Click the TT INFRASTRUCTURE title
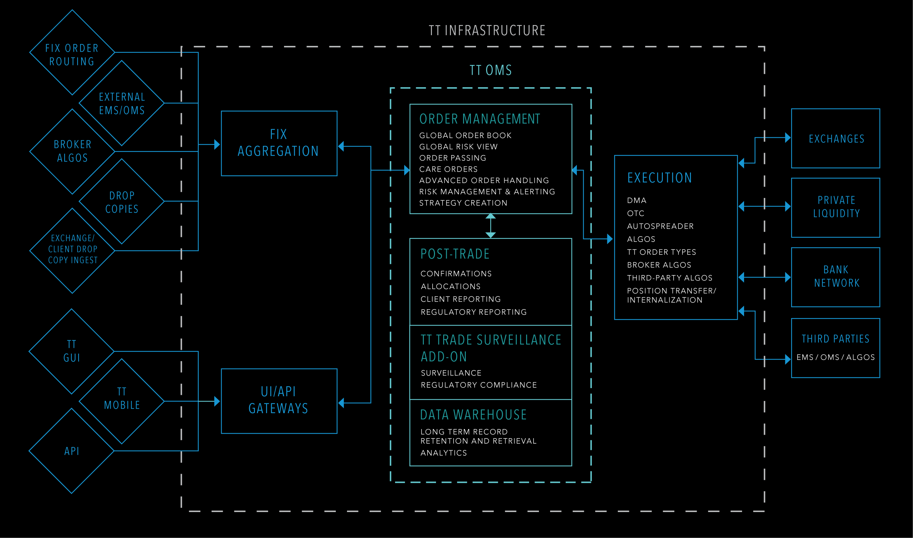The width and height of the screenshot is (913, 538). coord(487,30)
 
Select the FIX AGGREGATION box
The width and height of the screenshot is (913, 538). coord(279,143)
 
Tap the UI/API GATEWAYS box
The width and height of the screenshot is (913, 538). coord(279,401)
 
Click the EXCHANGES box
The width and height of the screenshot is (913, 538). coord(835,138)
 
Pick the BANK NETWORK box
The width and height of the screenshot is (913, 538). coord(835,277)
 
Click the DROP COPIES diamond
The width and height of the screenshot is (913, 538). coord(122,202)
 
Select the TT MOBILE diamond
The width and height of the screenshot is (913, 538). coord(122,399)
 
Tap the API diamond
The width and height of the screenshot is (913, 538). coord(72,451)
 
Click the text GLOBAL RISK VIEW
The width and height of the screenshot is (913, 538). coord(458,147)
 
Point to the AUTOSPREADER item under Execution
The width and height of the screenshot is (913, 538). coord(660,226)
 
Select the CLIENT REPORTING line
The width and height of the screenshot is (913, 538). coord(460,299)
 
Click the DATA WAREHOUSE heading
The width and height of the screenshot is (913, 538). coord(473,415)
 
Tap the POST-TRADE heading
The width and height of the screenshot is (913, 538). coord(455,254)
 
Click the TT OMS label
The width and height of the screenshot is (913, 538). coord(491,70)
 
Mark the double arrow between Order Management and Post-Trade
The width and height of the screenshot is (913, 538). coord(491,225)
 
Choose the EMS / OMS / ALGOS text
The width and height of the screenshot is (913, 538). coord(835,357)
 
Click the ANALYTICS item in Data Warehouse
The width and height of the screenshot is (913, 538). coord(443,453)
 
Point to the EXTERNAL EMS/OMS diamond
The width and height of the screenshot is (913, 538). coord(122,104)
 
